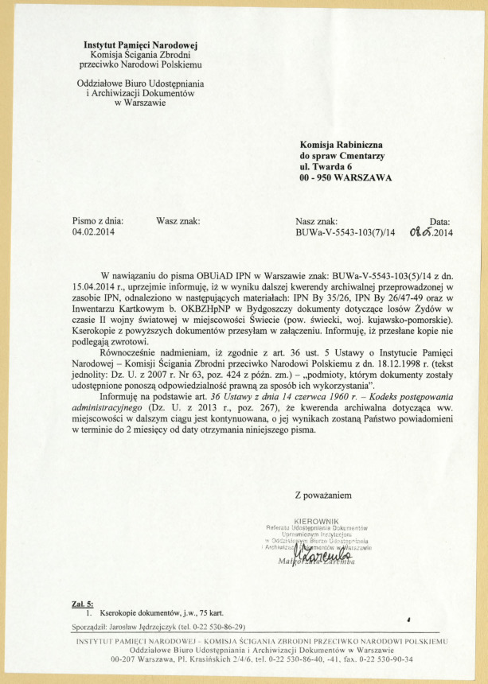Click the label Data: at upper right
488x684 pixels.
[439, 222]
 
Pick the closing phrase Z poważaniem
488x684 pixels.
[322, 496]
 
